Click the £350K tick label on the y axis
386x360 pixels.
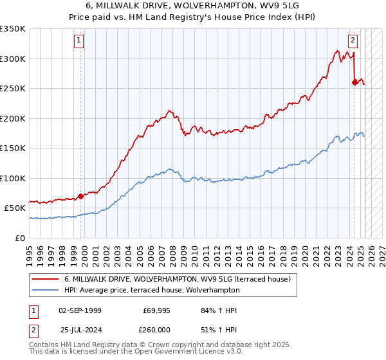[x=13, y=29]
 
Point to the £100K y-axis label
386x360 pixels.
[x=13, y=178]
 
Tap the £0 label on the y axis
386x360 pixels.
[x=21, y=238]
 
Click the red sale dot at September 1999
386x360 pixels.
[x=81, y=196]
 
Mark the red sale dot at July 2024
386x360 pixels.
[x=354, y=82]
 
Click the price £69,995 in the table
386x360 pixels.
[x=156, y=310]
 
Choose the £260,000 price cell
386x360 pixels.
[x=156, y=330]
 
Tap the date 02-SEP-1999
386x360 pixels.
[x=80, y=310]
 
